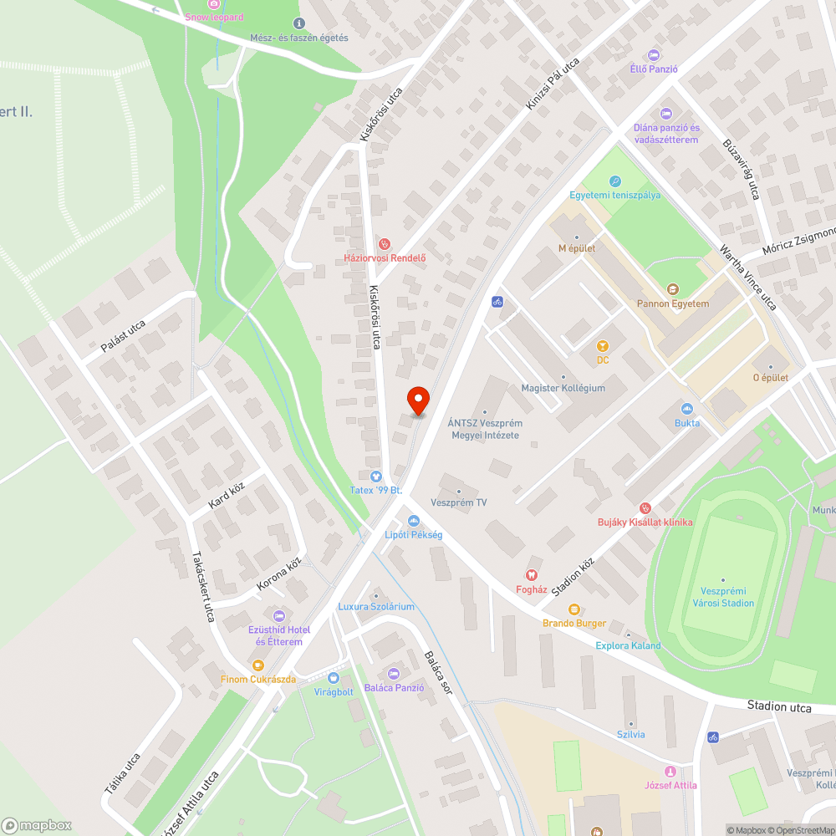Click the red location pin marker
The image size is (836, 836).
pyautogui.click(x=417, y=400)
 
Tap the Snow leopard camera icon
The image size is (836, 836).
pyautogui.click(x=214, y=3)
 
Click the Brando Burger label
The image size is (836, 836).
pyautogui.click(x=573, y=623)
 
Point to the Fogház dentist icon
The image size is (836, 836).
pyautogui.click(x=530, y=575)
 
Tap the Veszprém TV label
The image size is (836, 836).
pyautogui.click(x=458, y=502)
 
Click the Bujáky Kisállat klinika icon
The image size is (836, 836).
pyautogui.click(x=645, y=508)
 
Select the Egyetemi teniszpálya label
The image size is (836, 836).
pyautogui.click(x=614, y=195)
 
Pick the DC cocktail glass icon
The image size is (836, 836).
pyautogui.click(x=601, y=346)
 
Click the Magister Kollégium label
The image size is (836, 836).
pyautogui.click(x=563, y=388)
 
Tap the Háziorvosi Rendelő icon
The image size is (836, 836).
pyautogui.click(x=385, y=244)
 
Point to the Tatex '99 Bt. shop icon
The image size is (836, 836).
pyautogui.click(x=375, y=475)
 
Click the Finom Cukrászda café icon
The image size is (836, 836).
pyautogui.click(x=257, y=665)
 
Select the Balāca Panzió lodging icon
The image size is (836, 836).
pyautogui.click(x=394, y=674)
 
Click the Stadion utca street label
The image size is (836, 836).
pyautogui.click(x=778, y=707)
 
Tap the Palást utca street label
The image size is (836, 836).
pyautogui.click(x=123, y=335)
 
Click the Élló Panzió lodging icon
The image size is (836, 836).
pyautogui.click(x=654, y=54)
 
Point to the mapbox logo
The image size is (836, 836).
pyautogui.click(x=38, y=825)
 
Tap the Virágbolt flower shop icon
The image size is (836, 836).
pyautogui.click(x=334, y=678)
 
